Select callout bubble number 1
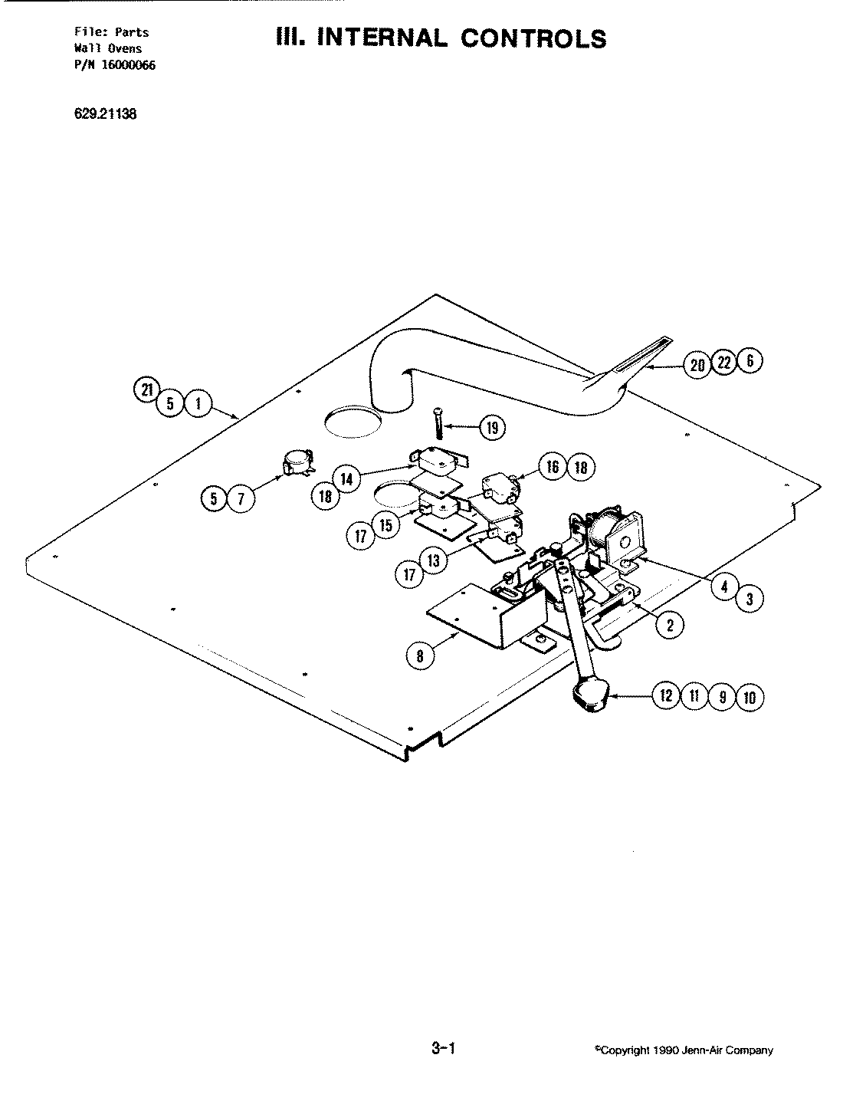tap(198, 404)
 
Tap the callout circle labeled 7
tap(241, 500)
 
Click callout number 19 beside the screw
tap(492, 428)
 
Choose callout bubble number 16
tap(553, 467)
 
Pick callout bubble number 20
tap(697, 365)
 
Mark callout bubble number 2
tap(670, 625)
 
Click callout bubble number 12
tap(664, 696)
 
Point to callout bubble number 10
tap(750, 697)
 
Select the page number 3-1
tap(444, 1048)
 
